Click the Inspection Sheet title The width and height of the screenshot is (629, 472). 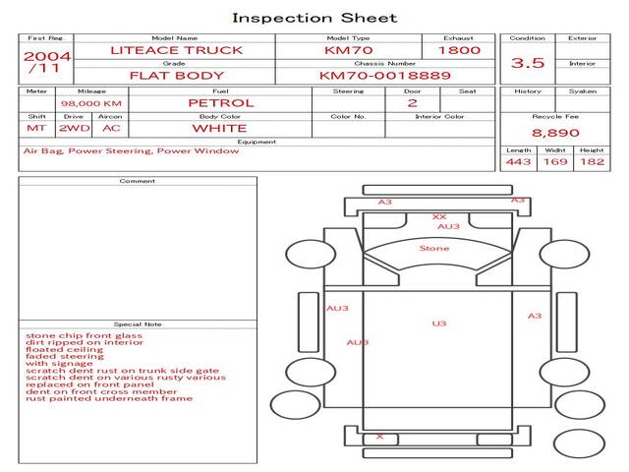pos(314,18)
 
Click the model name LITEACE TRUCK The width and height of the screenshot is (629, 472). pos(177,50)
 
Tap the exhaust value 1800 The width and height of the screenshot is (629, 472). pos(459,50)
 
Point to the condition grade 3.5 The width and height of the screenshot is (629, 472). pos(528,63)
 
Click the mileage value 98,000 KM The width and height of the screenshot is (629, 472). pos(91,103)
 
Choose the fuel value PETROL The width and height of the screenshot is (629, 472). pos(220,102)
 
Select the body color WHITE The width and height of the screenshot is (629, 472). pos(219,128)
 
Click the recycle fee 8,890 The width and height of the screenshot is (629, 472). pos(555,133)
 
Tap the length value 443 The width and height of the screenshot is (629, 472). pos(519,161)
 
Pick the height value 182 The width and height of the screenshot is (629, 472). pos(592,161)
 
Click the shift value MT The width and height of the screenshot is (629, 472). pos(36,128)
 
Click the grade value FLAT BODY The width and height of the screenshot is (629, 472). pos(177,76)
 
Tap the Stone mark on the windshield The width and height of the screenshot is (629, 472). pos(434,249)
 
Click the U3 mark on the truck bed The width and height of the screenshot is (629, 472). pos(439,324)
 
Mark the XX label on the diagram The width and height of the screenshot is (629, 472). pos(439,216)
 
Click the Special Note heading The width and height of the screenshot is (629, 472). pos(138,324)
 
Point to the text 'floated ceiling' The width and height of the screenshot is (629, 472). pos(65,349)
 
